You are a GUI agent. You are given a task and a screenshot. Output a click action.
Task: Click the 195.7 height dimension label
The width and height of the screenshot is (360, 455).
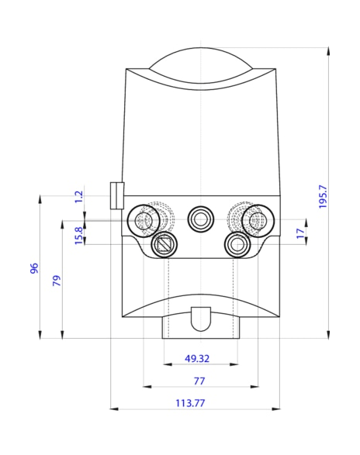pyautogui.click(x=324, y=195)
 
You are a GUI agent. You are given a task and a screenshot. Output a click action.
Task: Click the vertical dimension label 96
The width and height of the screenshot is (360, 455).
pyautogui.click(x=34, y=268)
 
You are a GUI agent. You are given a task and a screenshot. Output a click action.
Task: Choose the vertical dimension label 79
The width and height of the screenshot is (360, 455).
pyautogui.click(x=57, y=281)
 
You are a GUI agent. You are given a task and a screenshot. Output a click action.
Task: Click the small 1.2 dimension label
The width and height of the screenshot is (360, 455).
pyautogui.click(x=78, y=197)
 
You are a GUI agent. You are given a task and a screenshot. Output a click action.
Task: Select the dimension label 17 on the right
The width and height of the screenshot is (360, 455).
pyautogui.click(x=300, y=233)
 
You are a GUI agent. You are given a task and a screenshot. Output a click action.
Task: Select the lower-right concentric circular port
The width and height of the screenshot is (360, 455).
pyautogui.click(x=237, y=245)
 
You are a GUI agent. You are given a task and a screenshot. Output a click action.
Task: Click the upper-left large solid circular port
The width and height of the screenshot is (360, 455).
pyautogui.click(x=144, y=220)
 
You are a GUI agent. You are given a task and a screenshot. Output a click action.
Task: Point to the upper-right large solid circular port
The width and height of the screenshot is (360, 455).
pyautogui.click(x=255, y=220)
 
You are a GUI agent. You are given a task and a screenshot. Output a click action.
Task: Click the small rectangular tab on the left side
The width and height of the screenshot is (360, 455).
pyautogui.click(x=116, y=195)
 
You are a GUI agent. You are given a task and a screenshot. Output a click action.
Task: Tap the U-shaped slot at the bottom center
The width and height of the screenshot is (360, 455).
pyautogui.click(x=200, y=316)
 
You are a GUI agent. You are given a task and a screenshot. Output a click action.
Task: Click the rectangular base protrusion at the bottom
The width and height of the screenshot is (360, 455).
pyautogui.click(x=200, y=329)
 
